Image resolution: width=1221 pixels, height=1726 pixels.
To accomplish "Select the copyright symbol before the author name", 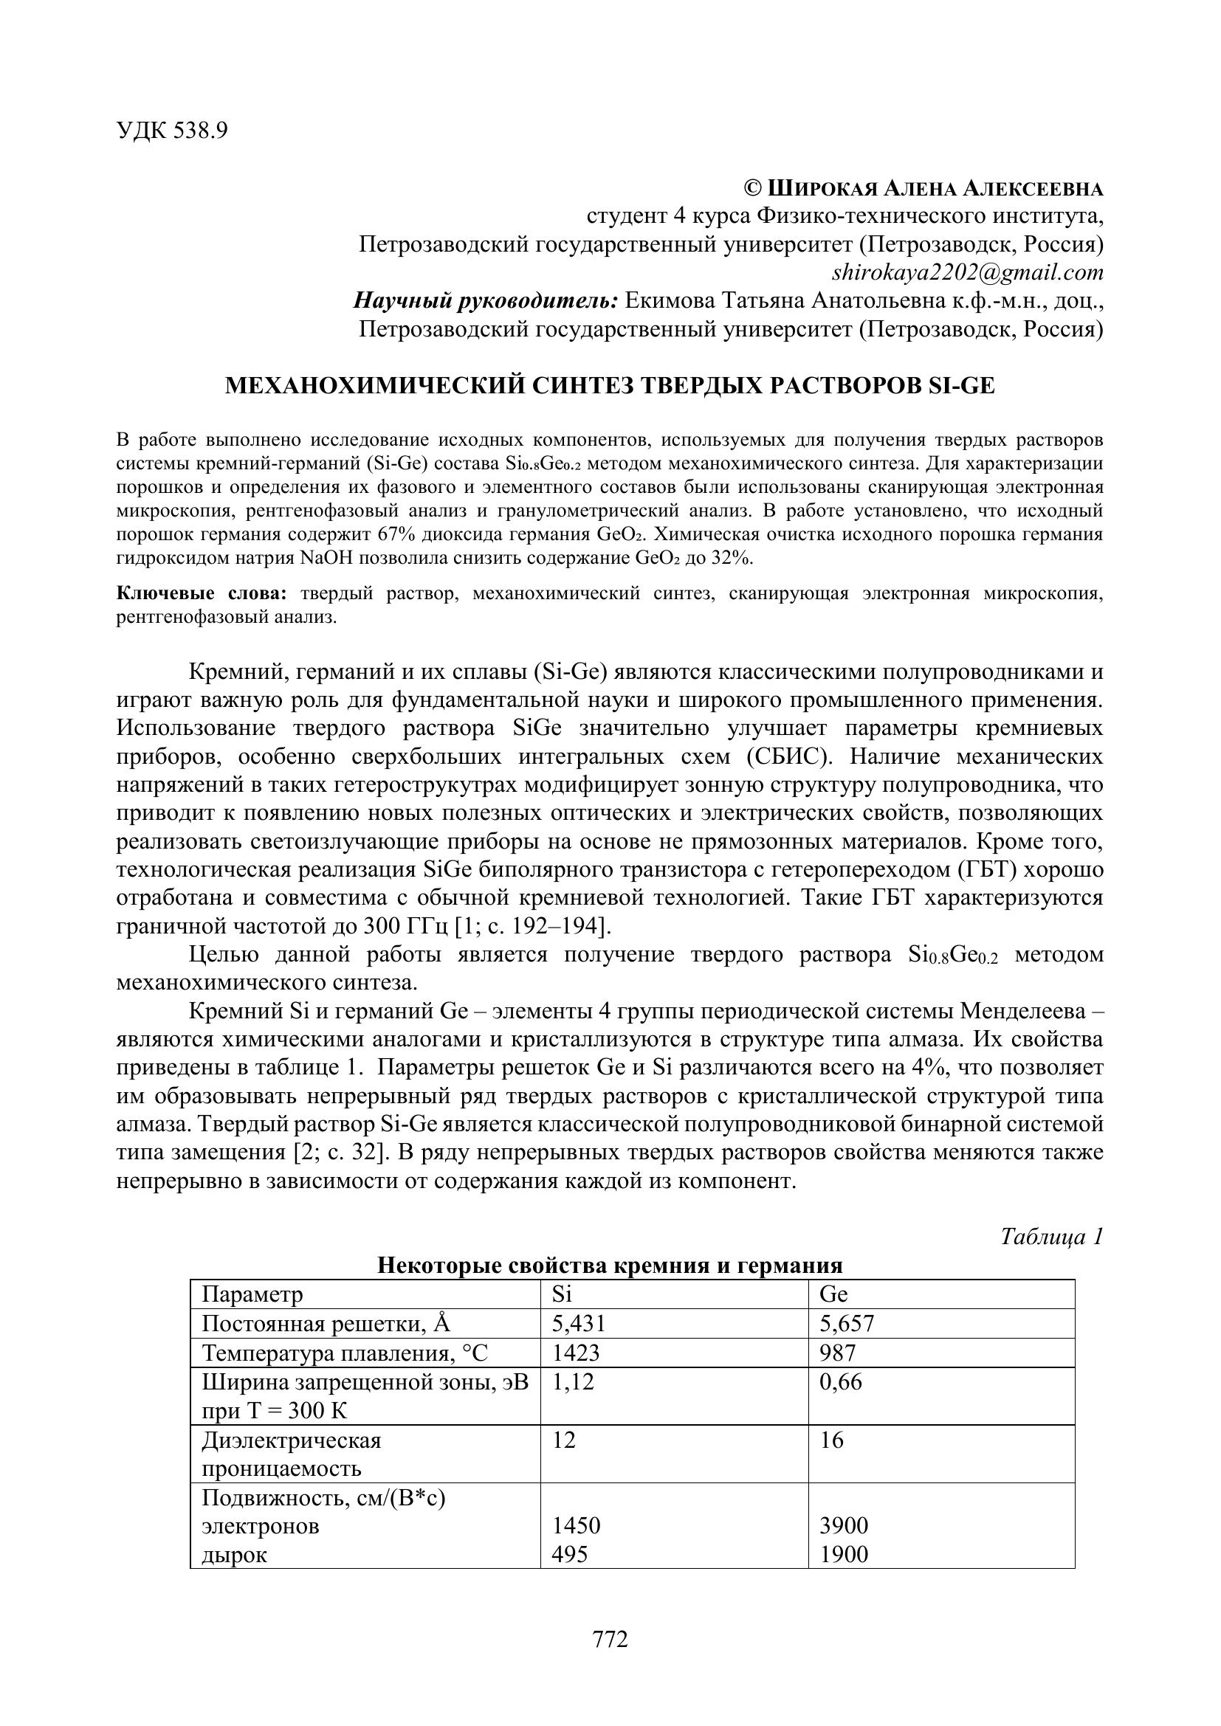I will (x=751, y=188).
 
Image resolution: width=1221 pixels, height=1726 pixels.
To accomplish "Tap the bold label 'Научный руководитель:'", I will (x=486, y=300).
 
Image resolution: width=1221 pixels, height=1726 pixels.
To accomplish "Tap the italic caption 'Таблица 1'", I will (x=1052, y=1237).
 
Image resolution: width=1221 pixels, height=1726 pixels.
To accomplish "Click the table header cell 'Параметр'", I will (x=252, y=1294).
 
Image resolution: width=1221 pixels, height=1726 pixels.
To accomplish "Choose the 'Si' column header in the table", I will (x=563, y=1294).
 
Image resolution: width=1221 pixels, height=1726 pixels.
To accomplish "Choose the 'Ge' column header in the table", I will (x=833, y=1294).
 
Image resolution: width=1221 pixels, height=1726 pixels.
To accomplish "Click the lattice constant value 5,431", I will (x=578, y=1324).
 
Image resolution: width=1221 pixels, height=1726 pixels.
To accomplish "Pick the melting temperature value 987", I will (x=838, y=1353).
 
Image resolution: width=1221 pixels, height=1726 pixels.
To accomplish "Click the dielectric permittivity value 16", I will (x=831, y=1440).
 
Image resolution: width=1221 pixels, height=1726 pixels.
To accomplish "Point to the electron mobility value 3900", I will (x=844, y=1525).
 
